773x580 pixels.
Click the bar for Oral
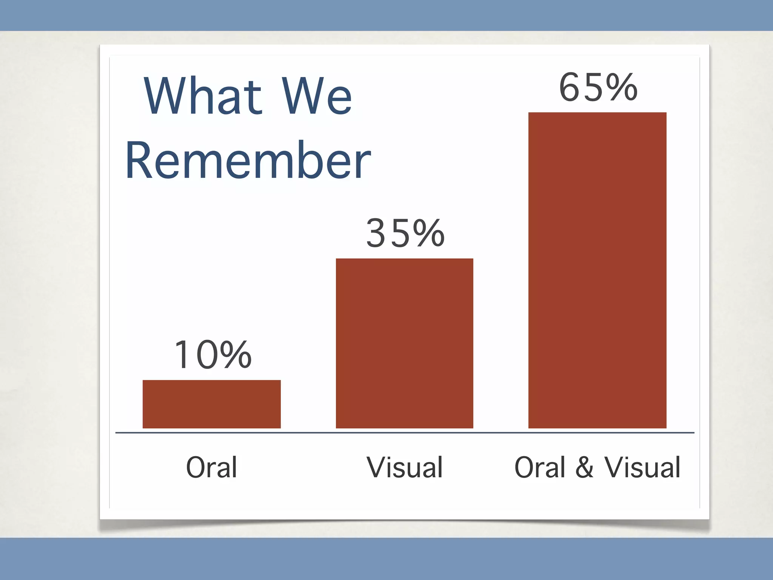(x=211, y=404)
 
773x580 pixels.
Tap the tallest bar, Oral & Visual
(x=597, y=270)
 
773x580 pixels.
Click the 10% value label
(x=212, y=355)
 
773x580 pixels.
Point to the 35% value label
(x=405, y=234)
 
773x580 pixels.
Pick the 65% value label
(x=598, y=88)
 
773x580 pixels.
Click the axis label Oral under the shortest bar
(x=211, y=467)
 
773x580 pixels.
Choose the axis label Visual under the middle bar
(x=405, y=467)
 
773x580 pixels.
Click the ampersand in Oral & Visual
(x=584, y=467)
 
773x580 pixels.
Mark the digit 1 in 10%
(x=182, y=355)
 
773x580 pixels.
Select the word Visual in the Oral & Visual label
(x=642, y=467)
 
